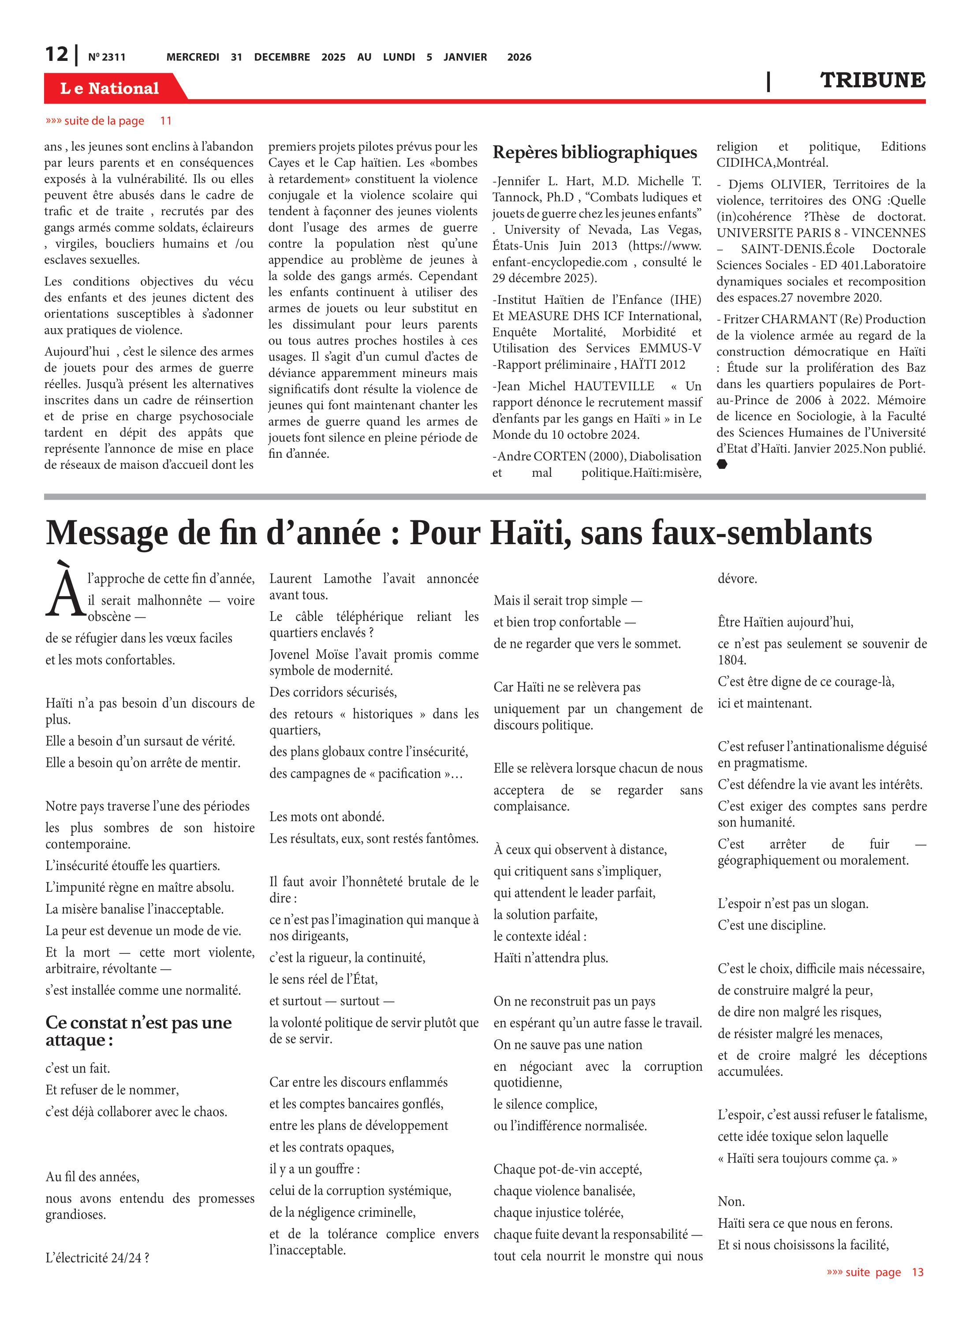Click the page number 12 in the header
[57, 55]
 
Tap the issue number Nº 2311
[106, 57]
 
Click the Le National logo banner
[110, 88]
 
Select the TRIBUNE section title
[872, 80]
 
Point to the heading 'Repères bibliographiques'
[594, 152]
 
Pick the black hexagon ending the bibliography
[722, 464]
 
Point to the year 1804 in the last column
[731, 660]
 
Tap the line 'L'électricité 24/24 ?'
[97, 1257]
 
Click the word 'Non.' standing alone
[731, 1201]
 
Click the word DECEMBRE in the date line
[282, 57]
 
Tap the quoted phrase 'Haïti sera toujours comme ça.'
[807, 1158]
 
